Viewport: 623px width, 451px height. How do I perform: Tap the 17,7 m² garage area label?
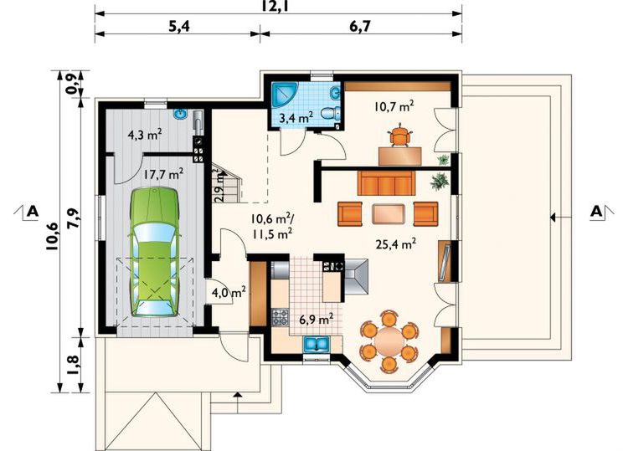(163, 175)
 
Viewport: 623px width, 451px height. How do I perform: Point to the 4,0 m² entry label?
(228, 293)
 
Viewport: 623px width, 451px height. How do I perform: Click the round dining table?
(389, 340)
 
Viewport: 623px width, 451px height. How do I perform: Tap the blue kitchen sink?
(317, 344)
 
